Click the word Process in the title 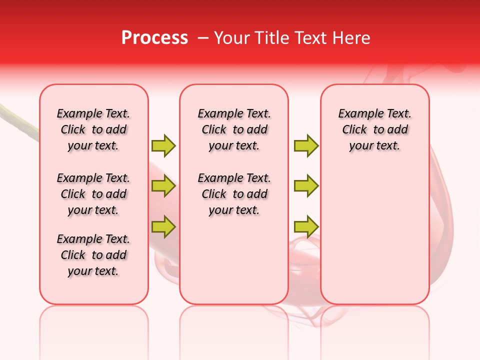point(154,38)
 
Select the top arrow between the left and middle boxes point(163,145)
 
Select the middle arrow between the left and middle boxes point(163,186)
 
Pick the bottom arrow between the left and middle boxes point(163,226)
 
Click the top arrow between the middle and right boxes point(306,145)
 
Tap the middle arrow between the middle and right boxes point(306,186)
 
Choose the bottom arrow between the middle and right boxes point(306,226)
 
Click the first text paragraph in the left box point(93,129)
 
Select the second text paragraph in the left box point(93,194)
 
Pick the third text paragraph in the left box point(93,255)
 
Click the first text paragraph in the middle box point(234,129)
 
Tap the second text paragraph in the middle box point(234,194)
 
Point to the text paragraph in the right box point(375,129)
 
